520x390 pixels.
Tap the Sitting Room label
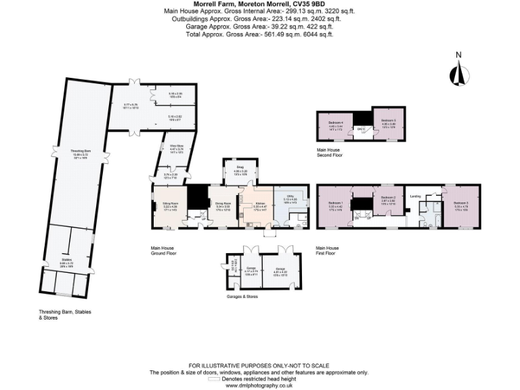tap(170, 203)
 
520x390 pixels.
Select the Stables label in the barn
tap(66, 260)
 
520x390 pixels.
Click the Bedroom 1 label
tap(336, 203)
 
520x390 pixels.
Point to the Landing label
tap(416, 196)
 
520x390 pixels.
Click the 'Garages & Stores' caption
tap(242, 296)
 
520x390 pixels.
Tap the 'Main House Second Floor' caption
tap(330, 152)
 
